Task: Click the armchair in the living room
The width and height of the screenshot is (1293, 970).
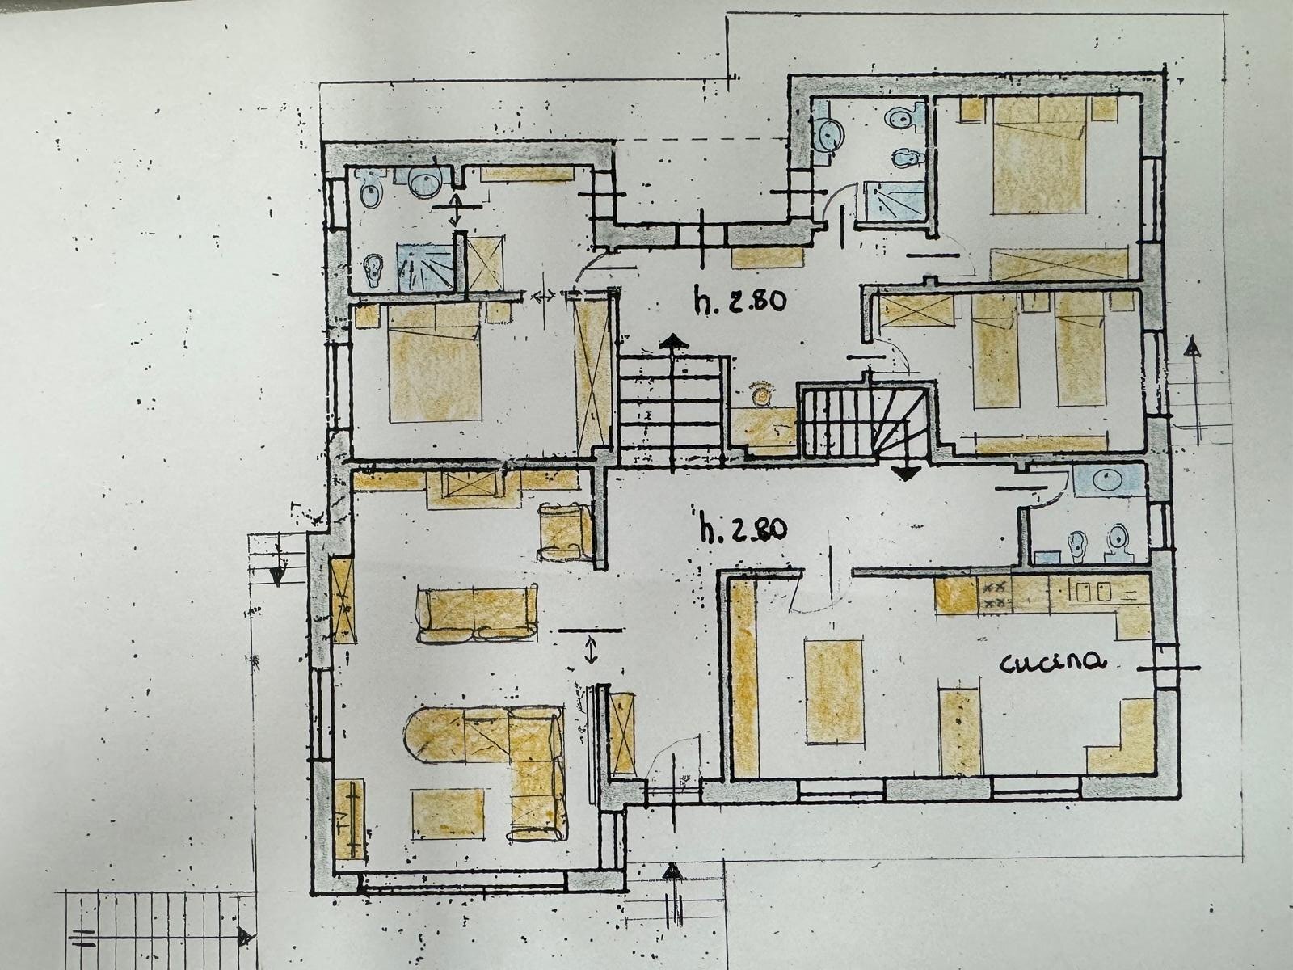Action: click(563, 531)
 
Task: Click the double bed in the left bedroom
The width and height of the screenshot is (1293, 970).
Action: click(436, 372)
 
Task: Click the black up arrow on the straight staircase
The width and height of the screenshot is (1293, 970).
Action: click(670, 342)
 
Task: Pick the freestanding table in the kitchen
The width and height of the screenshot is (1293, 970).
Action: click(834, 691)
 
